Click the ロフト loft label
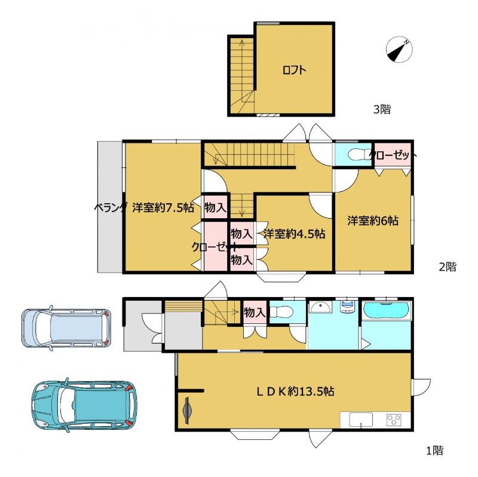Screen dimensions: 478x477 click(x=294, y=71)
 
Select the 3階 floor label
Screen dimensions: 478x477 click(x=382, y=109)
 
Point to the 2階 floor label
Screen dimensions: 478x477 click(x=448, y=267)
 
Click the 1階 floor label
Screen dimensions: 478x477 click(x=434, y=450)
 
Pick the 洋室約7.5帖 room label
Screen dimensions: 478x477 click(x=163, y=208)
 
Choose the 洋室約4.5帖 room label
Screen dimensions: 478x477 click(x=294, y=234)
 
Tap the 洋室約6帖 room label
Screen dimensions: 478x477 click(x=372, y=221)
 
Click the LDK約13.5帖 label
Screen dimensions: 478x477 click(x=295, y=391)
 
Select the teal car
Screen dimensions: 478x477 click(x=84, y=405)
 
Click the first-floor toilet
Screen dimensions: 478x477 click(x=281, y=312)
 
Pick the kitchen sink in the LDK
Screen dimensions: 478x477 click(x=361, y=420)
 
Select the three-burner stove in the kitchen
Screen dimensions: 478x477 click(x=394, y=420)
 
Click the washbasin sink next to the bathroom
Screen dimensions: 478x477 click(x=321, y=307)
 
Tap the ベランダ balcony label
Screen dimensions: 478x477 click(x=110, y=208)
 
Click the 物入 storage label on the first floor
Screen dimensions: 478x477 click(x=255, y=312)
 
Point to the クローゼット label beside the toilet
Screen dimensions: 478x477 click(x=393, y=155)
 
